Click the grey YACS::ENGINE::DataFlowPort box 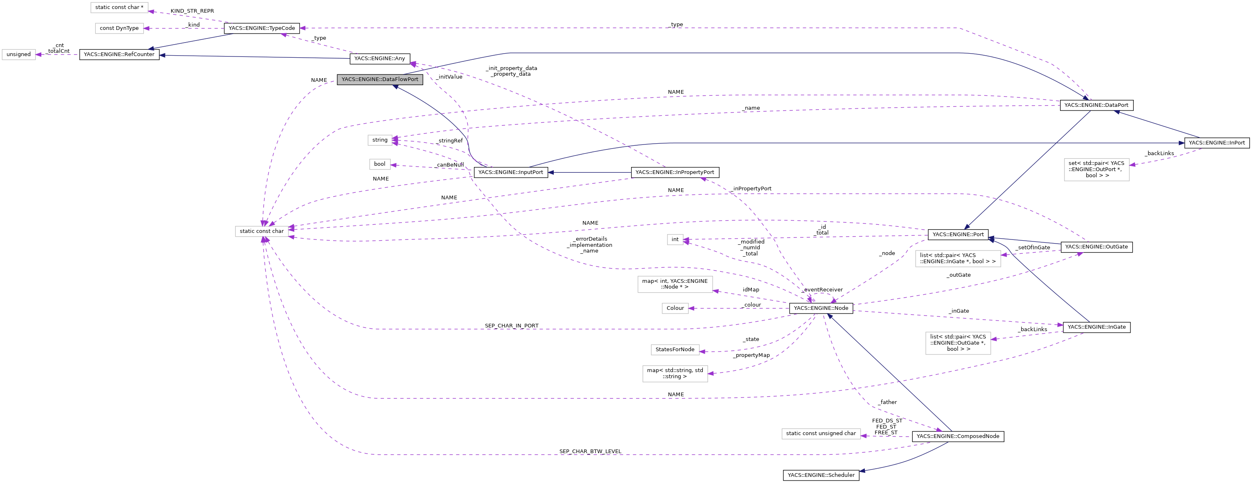379,79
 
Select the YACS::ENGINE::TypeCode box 262,28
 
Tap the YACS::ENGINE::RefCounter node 119,54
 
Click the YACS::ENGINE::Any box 379,58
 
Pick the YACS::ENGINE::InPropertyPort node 675,172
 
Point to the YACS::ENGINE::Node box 821,308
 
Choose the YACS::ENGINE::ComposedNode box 957,436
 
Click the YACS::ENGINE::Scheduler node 821,475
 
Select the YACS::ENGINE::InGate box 1096,327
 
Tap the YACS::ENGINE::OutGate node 1096,247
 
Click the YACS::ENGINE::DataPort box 1096,105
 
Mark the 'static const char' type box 262,231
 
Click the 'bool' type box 379,164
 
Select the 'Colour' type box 675,308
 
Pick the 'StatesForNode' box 675,350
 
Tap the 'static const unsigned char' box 821,433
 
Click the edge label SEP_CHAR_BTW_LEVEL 590,451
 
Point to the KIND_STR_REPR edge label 192,11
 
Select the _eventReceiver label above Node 822,290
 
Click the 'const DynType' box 119,28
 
